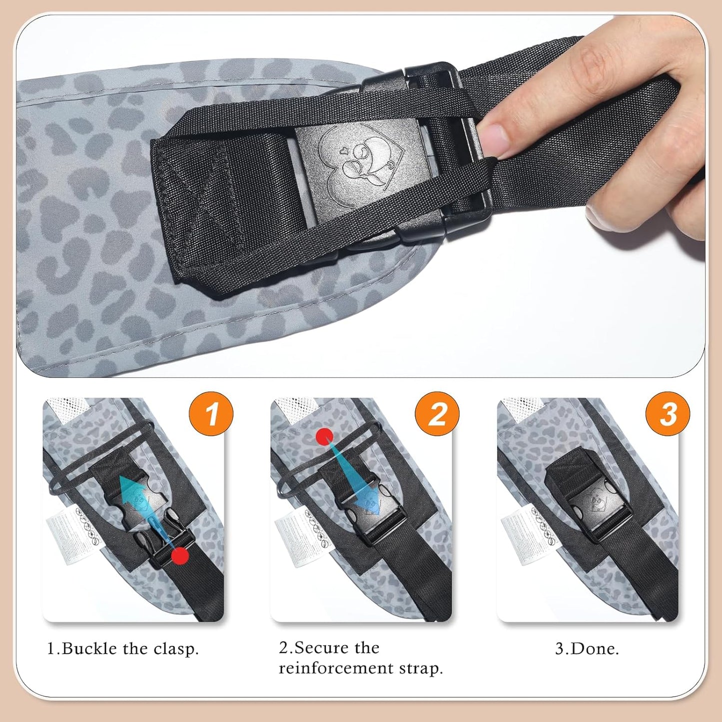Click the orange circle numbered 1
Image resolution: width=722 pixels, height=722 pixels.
pos(211,414)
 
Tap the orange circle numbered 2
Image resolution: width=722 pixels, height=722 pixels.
pos(437,414)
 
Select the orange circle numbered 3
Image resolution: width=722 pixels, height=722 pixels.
pos(668,414)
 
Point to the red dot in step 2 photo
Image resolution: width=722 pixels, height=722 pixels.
pos(324,437)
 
